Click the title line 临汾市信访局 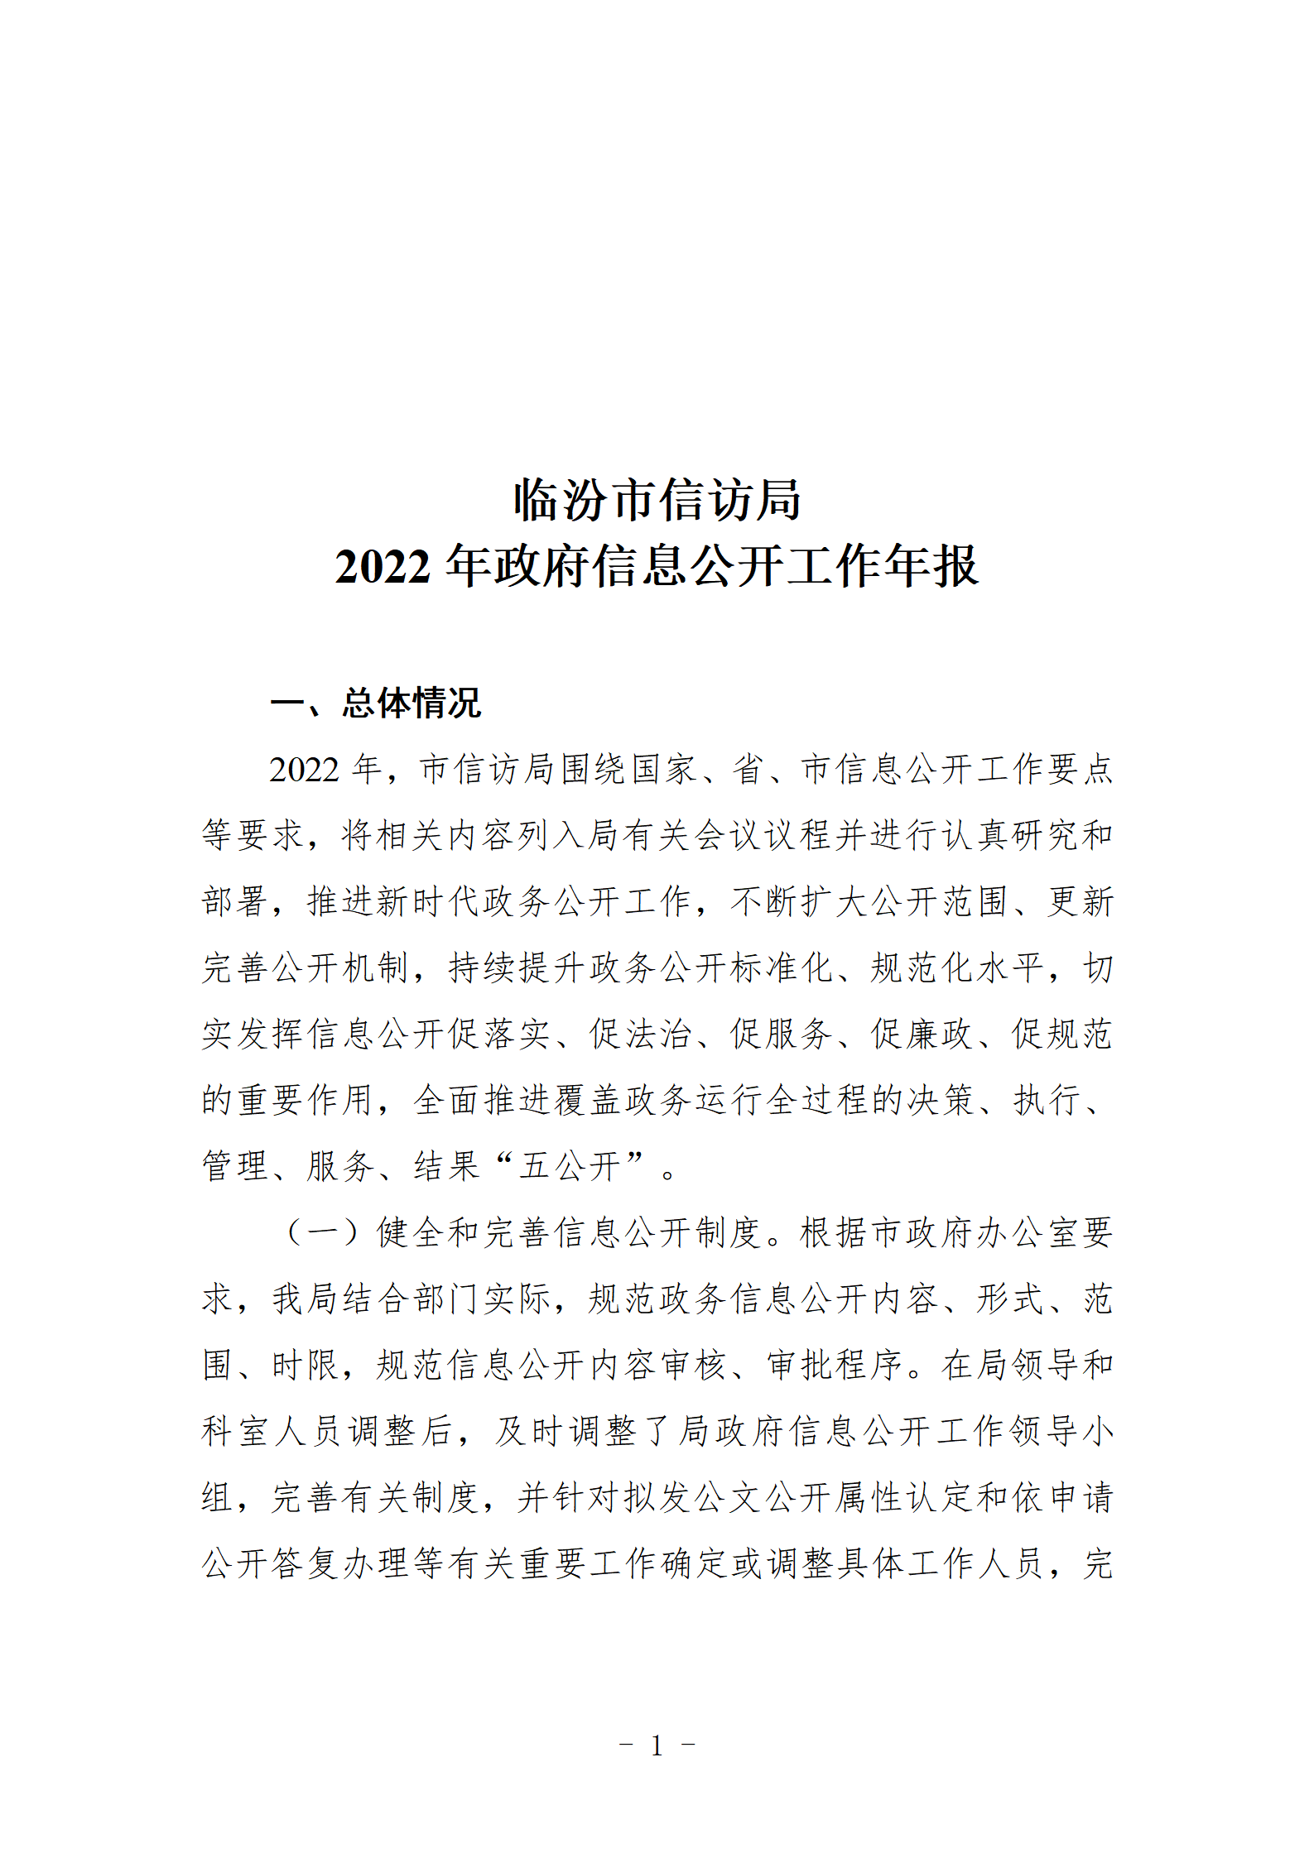click(x=657, y=500)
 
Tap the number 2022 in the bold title click(x=383, y=568)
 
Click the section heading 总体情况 click(x=412, y=703)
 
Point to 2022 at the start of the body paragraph click(x=304, y=770)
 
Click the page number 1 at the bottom click(x=657, y=1745)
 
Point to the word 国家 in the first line click(x=663, y=770)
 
